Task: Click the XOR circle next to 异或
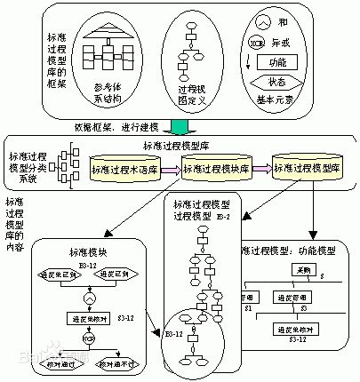[x=258, y=43]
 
